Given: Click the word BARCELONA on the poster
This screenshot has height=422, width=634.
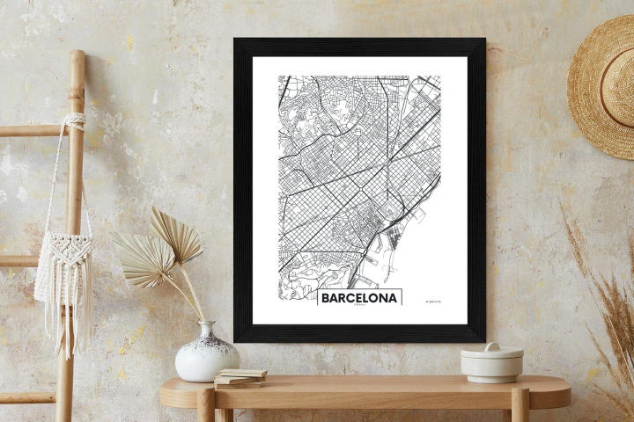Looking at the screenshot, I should pyautogui.click(x=359, y=298).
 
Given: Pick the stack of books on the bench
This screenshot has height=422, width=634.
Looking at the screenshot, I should pyautogui.click(x=240, y=378).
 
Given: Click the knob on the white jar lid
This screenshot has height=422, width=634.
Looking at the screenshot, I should pyautogui.click(x=492, y=347).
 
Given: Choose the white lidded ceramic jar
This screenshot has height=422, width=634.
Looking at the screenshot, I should pyautogui.click(x=491, y=362).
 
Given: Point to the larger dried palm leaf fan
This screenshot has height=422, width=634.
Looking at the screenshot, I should pyautogui.click(x=144, y=259).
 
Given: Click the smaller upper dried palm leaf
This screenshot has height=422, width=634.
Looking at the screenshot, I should pyautogui.click(x=175, y=233).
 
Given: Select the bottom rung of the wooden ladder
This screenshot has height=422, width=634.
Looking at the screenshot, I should pyautogui.click(x=26, y=397).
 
